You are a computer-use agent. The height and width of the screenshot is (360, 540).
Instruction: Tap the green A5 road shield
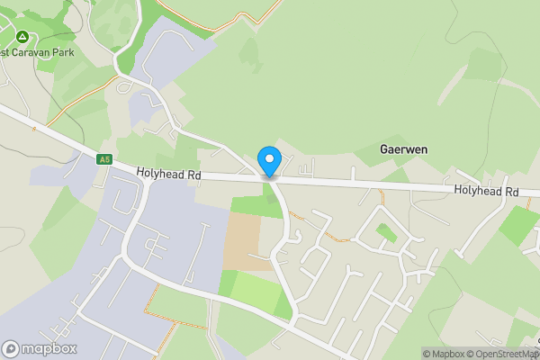[x=105, y=159]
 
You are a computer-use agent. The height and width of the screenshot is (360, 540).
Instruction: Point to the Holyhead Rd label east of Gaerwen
[x=486, y=191]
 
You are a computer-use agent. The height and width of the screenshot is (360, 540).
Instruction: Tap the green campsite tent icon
[x=22, y=37]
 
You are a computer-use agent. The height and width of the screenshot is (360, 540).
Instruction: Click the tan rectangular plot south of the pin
[x=240, y=242]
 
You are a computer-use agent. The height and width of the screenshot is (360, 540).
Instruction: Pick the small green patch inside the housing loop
[x=386, y=233]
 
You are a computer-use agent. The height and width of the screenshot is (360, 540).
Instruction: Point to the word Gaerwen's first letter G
[x=385, y=148]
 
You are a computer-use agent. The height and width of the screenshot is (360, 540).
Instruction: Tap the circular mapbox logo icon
[x=11, y=349]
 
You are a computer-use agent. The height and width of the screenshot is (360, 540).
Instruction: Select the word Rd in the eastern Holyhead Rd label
[x=511, y=191]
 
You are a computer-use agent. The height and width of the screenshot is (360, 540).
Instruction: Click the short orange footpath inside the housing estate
[x=335, y=237]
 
